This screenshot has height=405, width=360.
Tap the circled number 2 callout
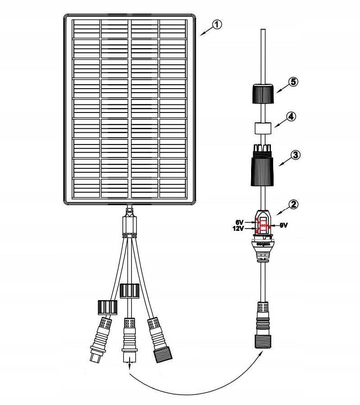coord(293,204)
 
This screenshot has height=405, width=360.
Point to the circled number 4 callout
coord(292,117)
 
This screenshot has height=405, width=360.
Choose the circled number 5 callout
coord(293,82)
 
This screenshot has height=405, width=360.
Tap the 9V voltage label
coord(284,225)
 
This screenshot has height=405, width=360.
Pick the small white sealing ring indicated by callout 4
coord(262,128)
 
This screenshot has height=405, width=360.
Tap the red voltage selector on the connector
coord(263,225)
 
